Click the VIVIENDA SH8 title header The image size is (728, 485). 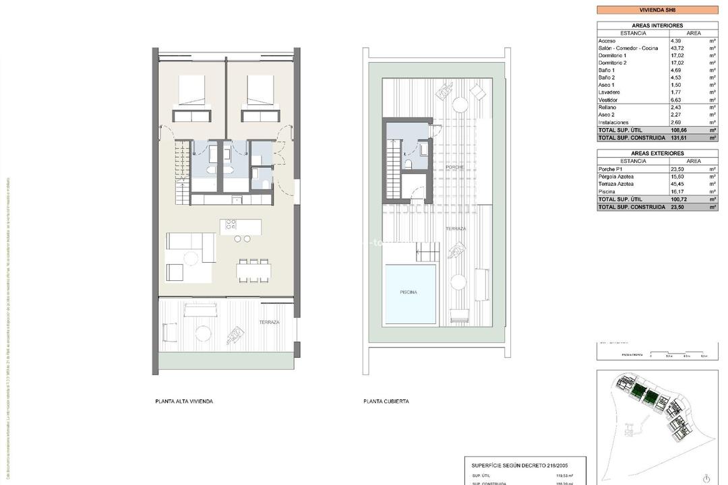pos(657,10)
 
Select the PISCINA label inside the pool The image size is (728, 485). pos(408,292)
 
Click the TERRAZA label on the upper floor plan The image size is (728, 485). pos(269,323)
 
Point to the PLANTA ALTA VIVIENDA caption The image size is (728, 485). pos(184,401)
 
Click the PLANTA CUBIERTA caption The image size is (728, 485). pos(386,401)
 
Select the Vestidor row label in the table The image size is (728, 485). pos(608,100)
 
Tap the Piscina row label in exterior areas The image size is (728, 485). pos(608,191)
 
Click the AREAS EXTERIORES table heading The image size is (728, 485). pos(657,154)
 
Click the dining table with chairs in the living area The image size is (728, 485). pos(254,271)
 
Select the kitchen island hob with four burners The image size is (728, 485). pos(231,224)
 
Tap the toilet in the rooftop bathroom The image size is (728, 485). pos(408,164)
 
